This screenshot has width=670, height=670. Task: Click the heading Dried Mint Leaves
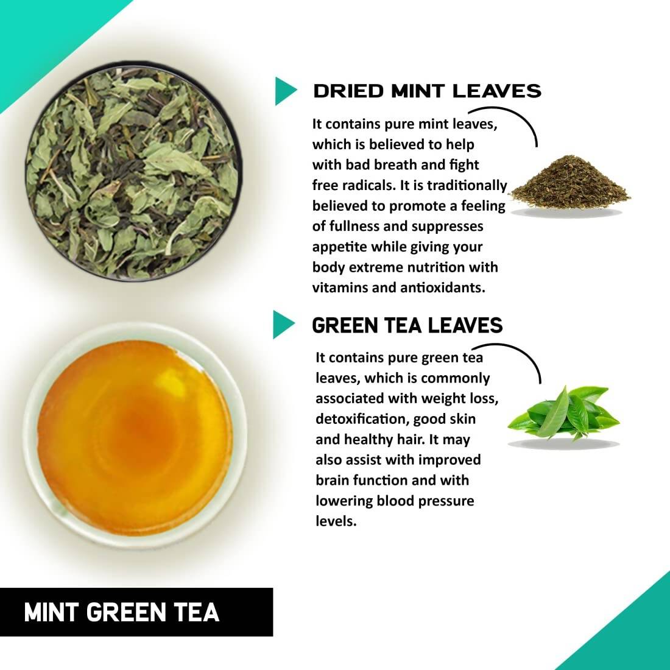point(426,91)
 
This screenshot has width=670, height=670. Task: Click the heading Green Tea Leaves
point(407,325)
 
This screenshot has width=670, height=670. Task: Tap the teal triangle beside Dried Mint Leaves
point(284,91)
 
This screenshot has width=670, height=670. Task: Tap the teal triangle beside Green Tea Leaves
point(283,324)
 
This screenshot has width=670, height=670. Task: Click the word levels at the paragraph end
point(335,521)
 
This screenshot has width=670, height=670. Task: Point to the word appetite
point(338,247)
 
